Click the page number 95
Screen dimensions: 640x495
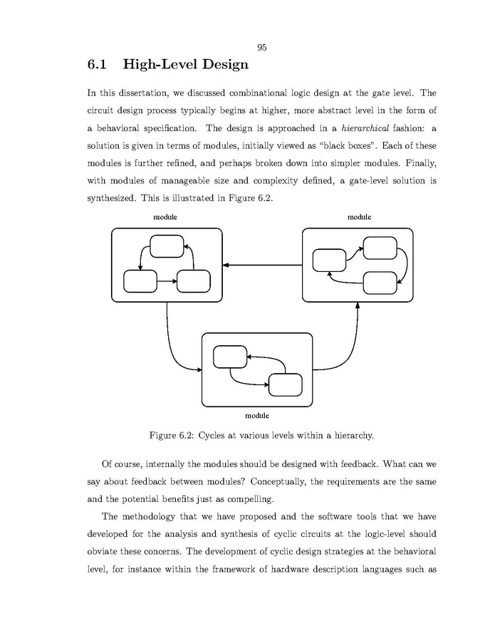coord(261,48)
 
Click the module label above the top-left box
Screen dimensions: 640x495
coord(165,216)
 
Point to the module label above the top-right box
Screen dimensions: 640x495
coord(359,216)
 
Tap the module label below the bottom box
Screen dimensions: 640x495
coord(257,415)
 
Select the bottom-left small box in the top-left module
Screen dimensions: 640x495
coord(140,281)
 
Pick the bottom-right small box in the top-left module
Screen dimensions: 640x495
coord(193,281)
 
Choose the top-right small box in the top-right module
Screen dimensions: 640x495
coord(380,248)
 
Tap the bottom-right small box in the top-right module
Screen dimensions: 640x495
coord(380,283)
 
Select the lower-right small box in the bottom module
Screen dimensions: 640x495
coord(285,384)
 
